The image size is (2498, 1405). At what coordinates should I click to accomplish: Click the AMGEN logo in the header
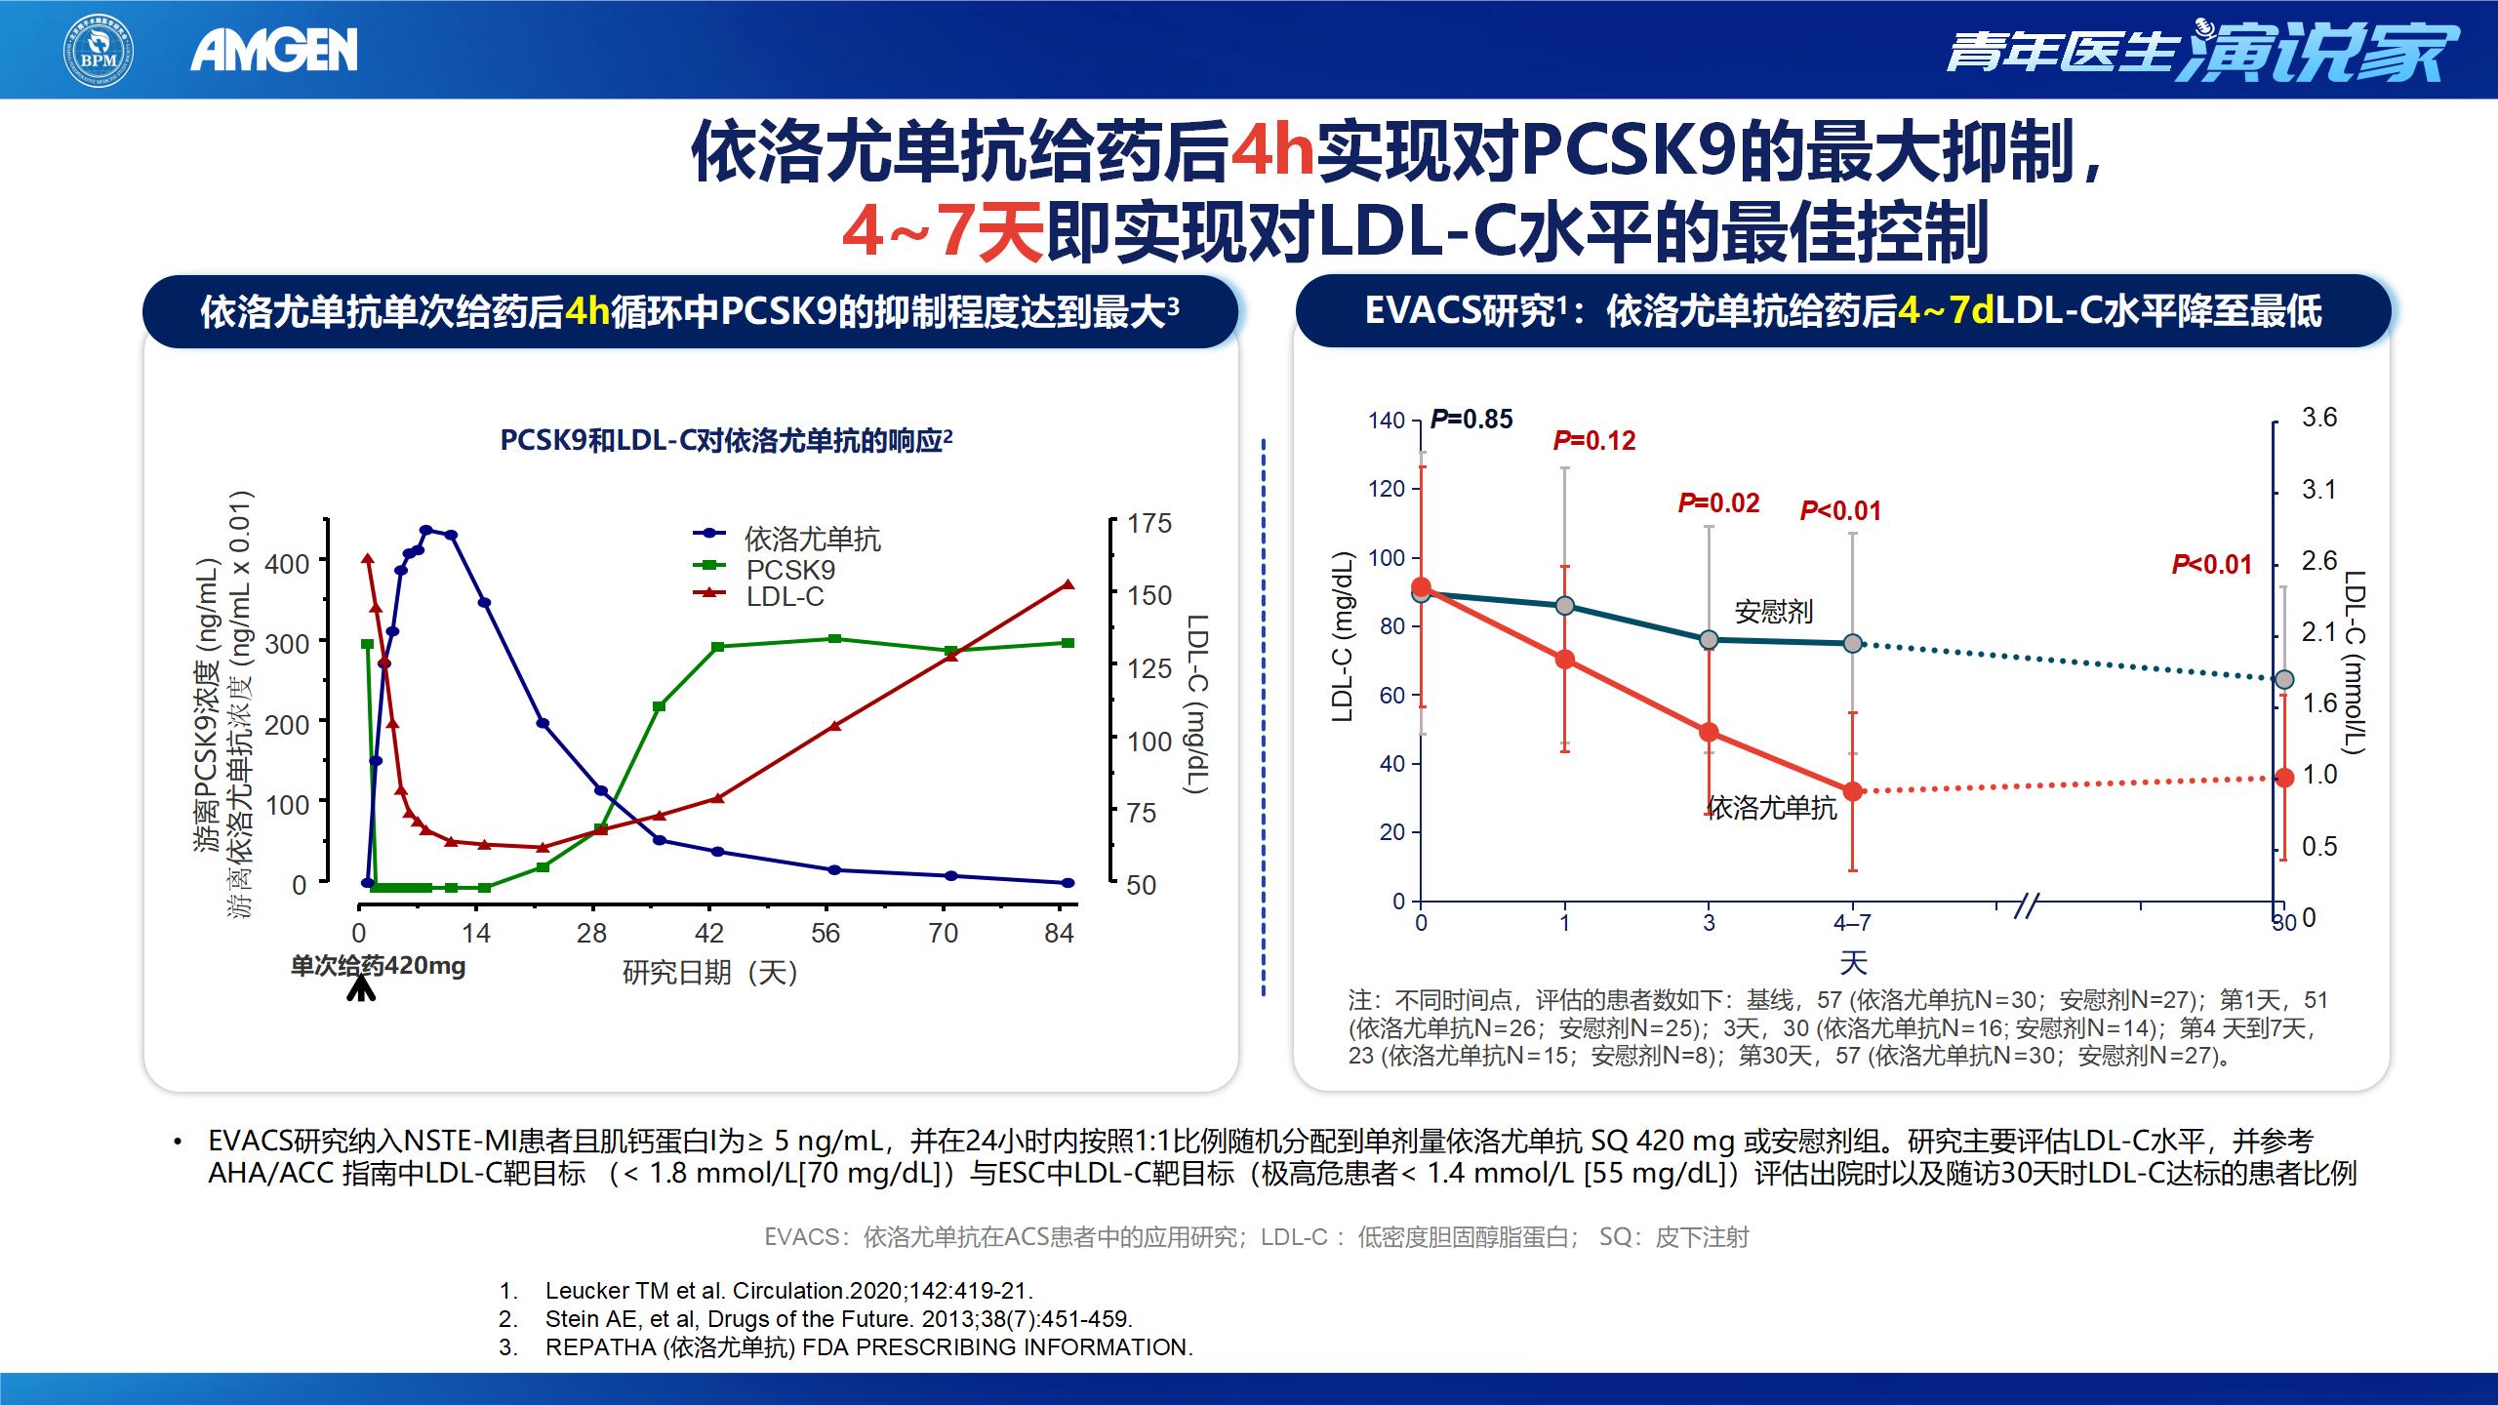pyautogui.click(x=274, y=51)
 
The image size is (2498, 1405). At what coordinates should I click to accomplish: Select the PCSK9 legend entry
pyautogui.click(x=790, y=569)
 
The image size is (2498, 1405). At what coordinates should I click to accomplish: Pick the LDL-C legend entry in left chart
pyautogui.click(x=785, y=596)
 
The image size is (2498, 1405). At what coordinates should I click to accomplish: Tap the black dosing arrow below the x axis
pyautogui.click(x=362, y=989)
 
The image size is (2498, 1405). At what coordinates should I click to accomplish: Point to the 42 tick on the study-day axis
pyautogui.click(x=709, y=933)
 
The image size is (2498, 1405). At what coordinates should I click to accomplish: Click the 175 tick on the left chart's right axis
pyautogui.click(x=1149, y=523)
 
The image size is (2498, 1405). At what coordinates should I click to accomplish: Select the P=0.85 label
pyautogui.click(x=1471, y=420)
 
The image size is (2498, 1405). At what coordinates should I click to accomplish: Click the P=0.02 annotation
pyautogui.click(x=1718, y=503)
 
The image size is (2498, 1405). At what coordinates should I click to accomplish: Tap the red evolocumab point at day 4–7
pyautogui.click(x=1853, y=791)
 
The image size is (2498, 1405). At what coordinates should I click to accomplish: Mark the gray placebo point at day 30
pyautogui.click(x=2284, y=679)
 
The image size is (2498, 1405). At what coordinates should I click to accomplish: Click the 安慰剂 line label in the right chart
pyautogui.click(x=1773, y=612)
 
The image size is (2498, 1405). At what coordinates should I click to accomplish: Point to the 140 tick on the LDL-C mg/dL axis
pyautogui.click(x=1387, y=421)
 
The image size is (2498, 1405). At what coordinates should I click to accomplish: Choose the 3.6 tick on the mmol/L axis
pyautogui.click(x=2319, y=418)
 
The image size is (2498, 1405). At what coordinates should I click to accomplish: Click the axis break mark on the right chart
pyautogui.click(x=2027, y=907)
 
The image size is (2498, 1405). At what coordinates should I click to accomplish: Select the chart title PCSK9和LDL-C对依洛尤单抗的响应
pyautogui.click(x=726, y=441)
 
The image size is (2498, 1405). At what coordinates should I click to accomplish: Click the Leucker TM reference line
pyautogui.click(x=788, y=1290)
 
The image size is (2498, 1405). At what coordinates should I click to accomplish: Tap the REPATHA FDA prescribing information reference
pyautogui.click(x=868, y=1346)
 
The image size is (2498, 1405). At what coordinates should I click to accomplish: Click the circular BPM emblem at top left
pyautogui.click(x=99, y=50)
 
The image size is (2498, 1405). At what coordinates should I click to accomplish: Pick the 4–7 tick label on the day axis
pyautogui.click(x=1852, y=923)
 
